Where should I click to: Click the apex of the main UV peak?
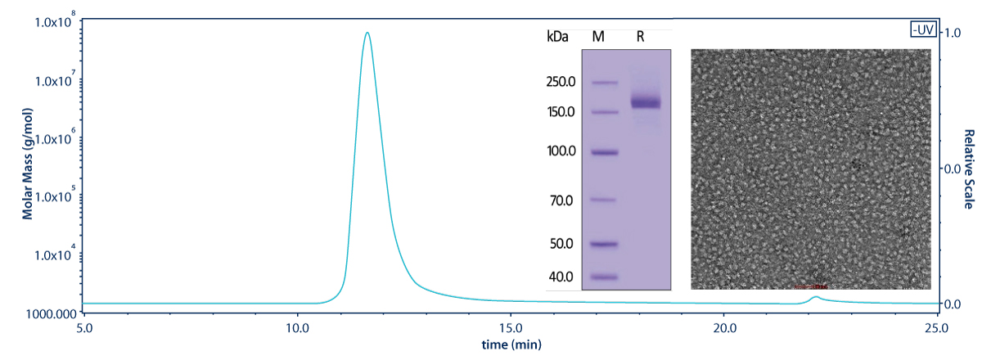(367, 34)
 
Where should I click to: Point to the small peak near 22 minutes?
(814, 298)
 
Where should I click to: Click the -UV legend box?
(922, 29)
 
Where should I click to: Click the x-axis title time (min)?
(511, 344)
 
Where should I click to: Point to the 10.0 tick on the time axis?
(298, 328)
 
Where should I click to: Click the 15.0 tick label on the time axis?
(511, 328)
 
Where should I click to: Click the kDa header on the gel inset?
(557, 38)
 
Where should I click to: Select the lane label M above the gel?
(597, 38)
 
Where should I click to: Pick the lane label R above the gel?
(640, 38)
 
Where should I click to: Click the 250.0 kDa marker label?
(561, 82)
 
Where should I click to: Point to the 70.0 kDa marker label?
(561, 200)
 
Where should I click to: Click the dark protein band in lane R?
(646, 102)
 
